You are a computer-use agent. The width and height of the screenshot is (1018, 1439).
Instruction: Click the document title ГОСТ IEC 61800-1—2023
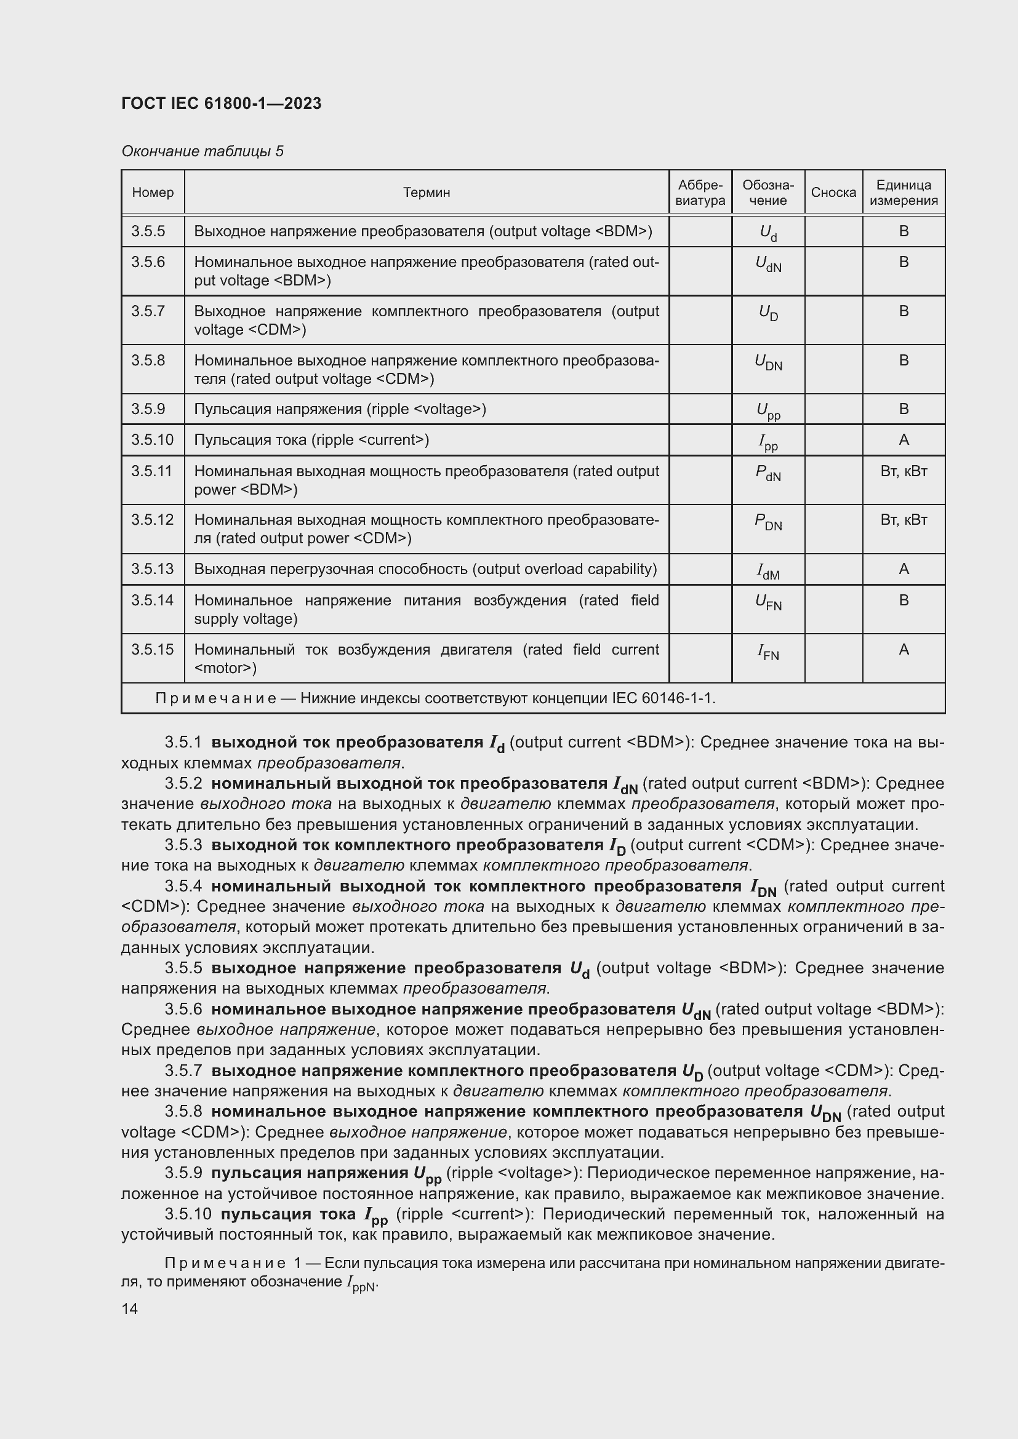[x=222, y=103]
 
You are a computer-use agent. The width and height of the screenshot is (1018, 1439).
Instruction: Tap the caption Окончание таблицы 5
[x=202, y=151]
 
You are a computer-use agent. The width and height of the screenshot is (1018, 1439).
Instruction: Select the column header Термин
[x=427, y=193]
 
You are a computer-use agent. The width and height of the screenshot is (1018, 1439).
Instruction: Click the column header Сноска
[x=833, y=193]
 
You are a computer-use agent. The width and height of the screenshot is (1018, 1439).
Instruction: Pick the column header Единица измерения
[x=904, y=193]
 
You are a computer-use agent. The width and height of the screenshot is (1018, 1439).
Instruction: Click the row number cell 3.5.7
[x=148, y=311]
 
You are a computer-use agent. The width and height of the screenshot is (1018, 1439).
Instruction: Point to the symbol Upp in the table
[x=768, y=411]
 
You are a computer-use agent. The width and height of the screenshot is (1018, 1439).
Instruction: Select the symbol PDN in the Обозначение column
[x=768, y=522]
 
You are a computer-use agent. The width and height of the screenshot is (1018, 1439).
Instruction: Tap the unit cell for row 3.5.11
[x=904, y=471]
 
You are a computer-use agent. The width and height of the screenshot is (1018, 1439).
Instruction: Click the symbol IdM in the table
[x=768, y=572]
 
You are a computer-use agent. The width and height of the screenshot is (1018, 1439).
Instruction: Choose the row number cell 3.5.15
[x=151, y=650]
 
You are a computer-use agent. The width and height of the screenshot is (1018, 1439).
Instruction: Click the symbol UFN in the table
[x=768, y=603]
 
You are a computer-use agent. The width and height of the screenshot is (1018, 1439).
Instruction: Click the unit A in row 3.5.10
[x=904, y=440]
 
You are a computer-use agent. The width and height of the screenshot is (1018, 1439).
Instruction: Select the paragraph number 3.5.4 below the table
[x=183, y=886]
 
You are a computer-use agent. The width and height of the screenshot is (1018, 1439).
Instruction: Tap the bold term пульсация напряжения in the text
[x=310, y=1173]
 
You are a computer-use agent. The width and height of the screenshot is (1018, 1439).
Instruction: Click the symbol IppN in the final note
[x=362, y=1283]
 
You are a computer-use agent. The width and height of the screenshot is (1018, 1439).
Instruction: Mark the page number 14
[x=130, y=1309]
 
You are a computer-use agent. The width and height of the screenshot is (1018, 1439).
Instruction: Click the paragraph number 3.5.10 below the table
[x=188, y=1214]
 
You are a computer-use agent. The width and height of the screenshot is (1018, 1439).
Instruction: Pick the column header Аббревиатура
[x=700, y=193]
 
